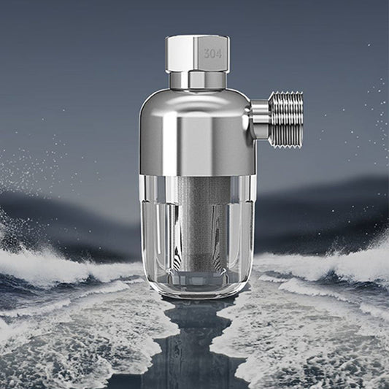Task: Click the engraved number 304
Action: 212,53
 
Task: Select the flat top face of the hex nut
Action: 197,37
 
